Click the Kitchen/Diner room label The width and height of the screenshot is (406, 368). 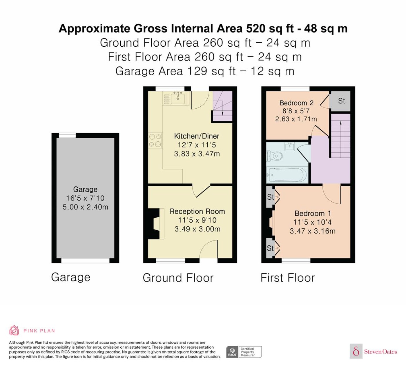(x=197, y=136)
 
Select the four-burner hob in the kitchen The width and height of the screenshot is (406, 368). (x=155, y=141)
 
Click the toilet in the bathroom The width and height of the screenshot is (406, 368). (x=274, y=156)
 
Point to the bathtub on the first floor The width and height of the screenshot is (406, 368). (x=287, y=175)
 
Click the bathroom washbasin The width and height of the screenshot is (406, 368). (x=290, y=146)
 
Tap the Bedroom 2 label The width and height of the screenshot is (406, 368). (x=296, y=103)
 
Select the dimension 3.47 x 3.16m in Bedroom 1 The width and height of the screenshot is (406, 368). (x=313, y=231)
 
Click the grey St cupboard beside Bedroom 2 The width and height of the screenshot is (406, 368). (x=340, y=101)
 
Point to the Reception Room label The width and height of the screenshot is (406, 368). (x=197, y=212)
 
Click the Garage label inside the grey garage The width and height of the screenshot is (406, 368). (x=85, y=190)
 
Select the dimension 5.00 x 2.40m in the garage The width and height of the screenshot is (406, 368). (x=85, y=207)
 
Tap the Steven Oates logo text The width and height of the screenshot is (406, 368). (x=380, y=351)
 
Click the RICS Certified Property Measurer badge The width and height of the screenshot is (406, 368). (x=244, y=352)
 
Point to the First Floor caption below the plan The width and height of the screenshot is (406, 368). (x=288, y=278)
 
